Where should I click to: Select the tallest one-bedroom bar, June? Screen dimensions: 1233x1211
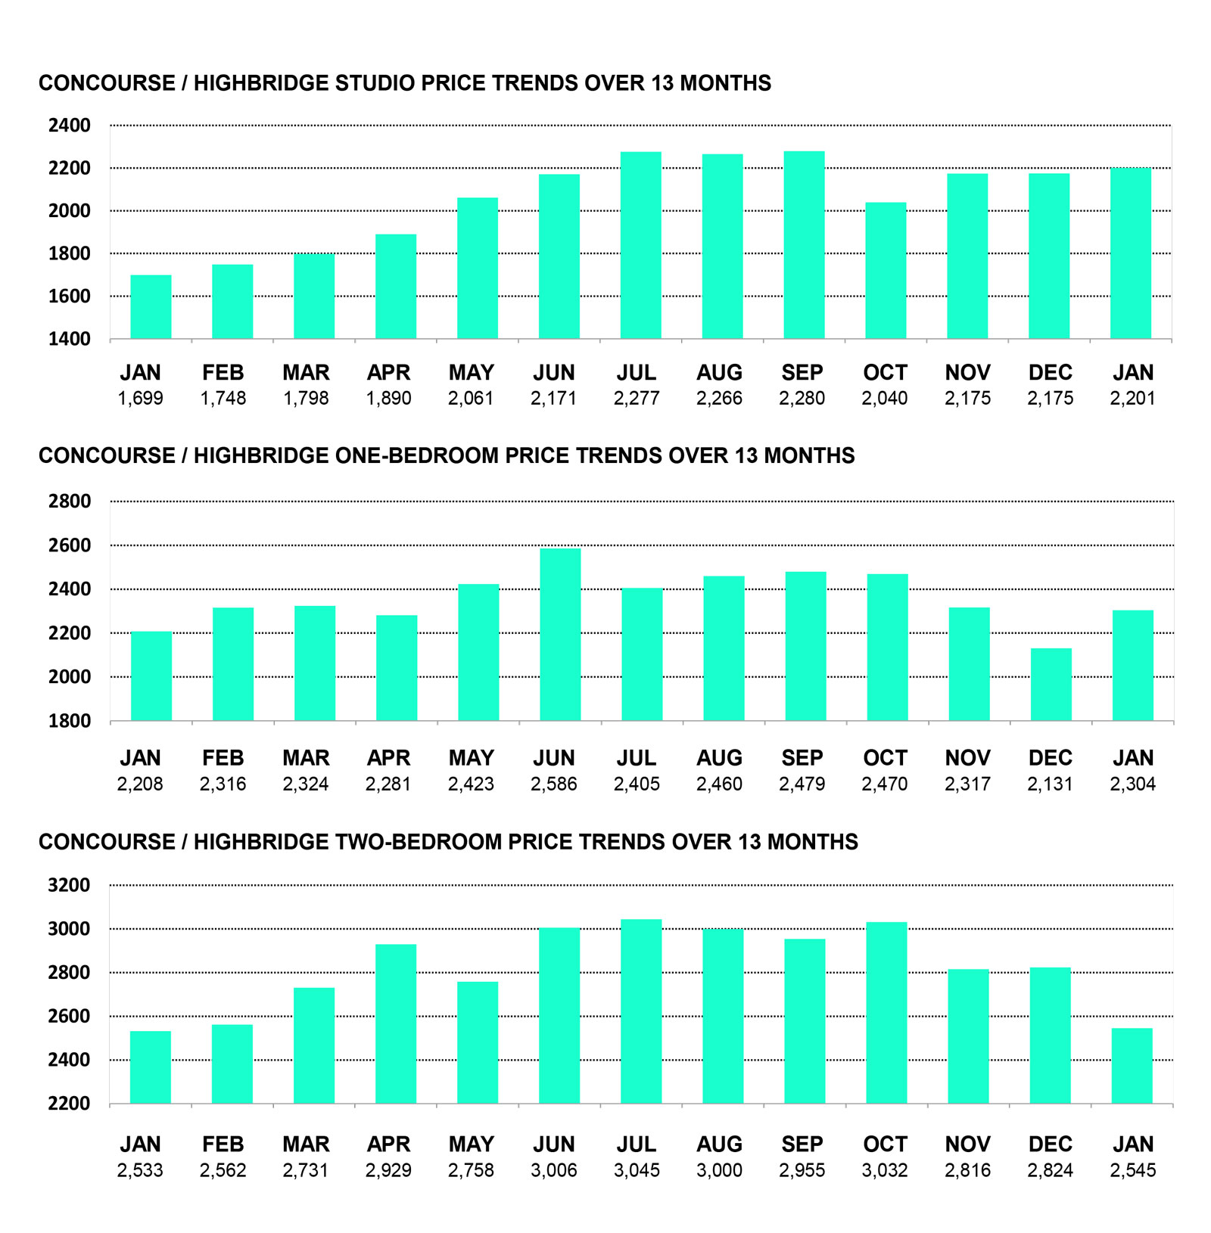coord(560,635)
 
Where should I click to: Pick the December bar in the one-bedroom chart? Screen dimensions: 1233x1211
coord(1051,684)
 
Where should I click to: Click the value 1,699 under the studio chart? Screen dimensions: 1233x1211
coord(140,399)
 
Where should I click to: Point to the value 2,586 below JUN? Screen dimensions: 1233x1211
coord(553,784)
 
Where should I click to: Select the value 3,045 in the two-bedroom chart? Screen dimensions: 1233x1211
coord(637,1171)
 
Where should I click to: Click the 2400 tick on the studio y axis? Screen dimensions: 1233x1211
coord(69,126)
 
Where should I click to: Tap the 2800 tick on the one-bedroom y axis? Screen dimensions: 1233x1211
coord(69,502)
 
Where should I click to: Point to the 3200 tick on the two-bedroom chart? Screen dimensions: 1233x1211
coord(69,885)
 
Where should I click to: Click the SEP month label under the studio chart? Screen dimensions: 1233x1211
coord(802,373)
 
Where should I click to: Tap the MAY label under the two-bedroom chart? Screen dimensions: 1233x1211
coord(471,1144)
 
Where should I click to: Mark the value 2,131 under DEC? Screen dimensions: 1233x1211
coord(1050,784)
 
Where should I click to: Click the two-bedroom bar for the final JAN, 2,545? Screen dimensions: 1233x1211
coord(1132,1066)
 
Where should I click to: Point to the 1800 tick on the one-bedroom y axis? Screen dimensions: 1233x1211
coord(69,721)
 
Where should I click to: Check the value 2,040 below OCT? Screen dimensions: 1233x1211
coord(885,399)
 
